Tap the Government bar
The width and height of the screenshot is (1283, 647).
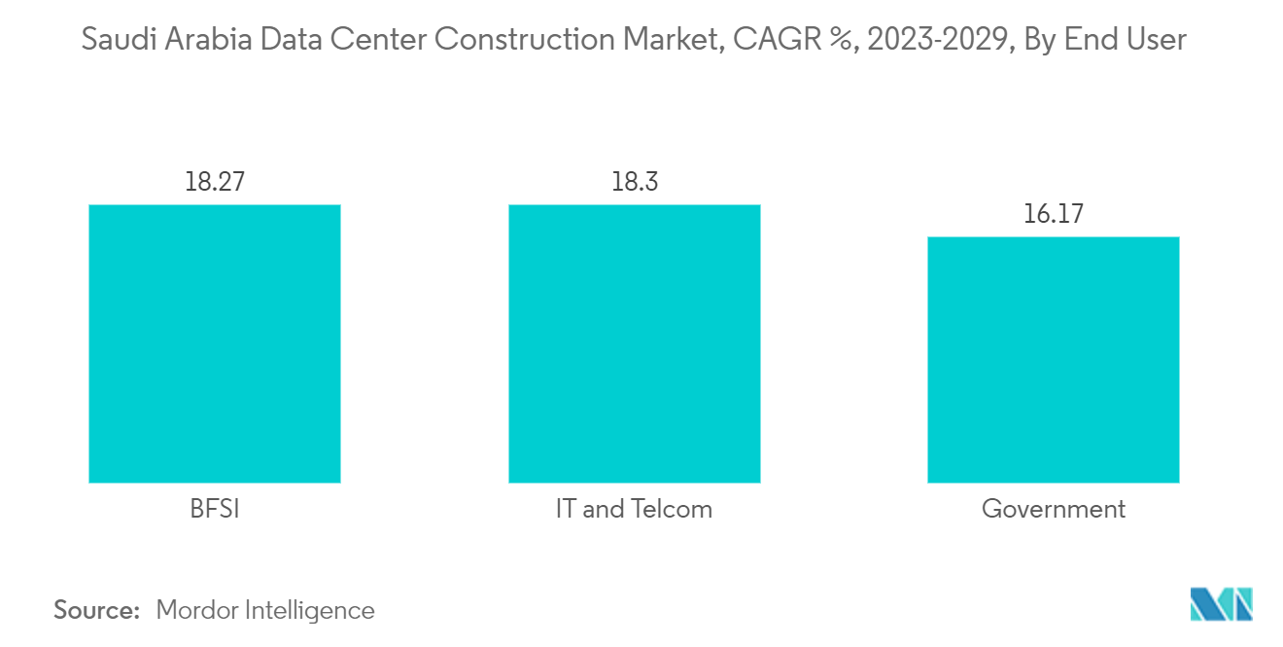coord(1053,360)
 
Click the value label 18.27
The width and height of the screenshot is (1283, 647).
coord(214,182)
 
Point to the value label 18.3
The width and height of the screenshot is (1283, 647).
coord(634,182)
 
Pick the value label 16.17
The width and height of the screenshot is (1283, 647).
coord(1053,214)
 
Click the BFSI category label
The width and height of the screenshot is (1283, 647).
coord(214,509)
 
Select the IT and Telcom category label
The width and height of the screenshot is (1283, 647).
coord(634,509)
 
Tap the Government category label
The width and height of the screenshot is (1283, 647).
coord(1054,509)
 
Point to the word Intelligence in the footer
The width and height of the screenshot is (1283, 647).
coord(311,610)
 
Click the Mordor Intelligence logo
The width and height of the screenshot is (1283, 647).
coord(1222,604)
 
